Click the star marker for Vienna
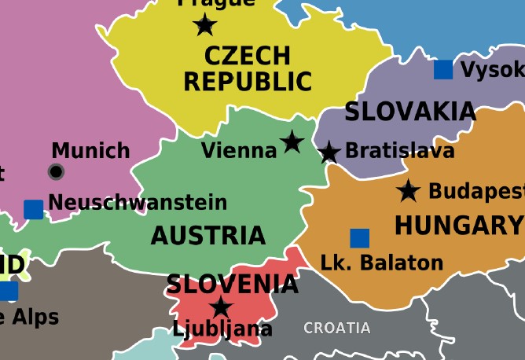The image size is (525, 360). [x=292, y=142]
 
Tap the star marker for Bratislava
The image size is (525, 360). [x=329, y=152]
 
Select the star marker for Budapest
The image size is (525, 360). [x=408, y=190]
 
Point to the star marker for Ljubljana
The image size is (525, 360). [x=222, y=307]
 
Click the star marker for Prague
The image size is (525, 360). [x=205, y=25]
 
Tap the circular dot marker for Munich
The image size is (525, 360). [x=56, y=171]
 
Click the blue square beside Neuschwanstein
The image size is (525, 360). [x=33, y=209]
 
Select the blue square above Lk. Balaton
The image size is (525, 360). [x=359, y=237]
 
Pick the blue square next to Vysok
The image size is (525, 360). [x=443, y=69]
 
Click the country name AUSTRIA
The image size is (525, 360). [x=207, y=235]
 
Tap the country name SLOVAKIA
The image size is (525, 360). [x=410, y=112]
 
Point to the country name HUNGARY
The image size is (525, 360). [x=457, y=226]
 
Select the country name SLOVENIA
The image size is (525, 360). [x=232, y=285]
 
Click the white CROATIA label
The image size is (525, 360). [x=336, y=328]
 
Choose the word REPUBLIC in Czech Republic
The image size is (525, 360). [x=248, y=81]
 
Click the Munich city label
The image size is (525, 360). [x=90, y=150]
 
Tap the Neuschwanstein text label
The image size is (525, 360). [x=138, y=202]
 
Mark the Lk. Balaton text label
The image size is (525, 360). [x=382, y=263]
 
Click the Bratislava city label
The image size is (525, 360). [x=399, y=150]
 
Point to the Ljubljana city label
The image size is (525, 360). [x=222, y=329]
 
